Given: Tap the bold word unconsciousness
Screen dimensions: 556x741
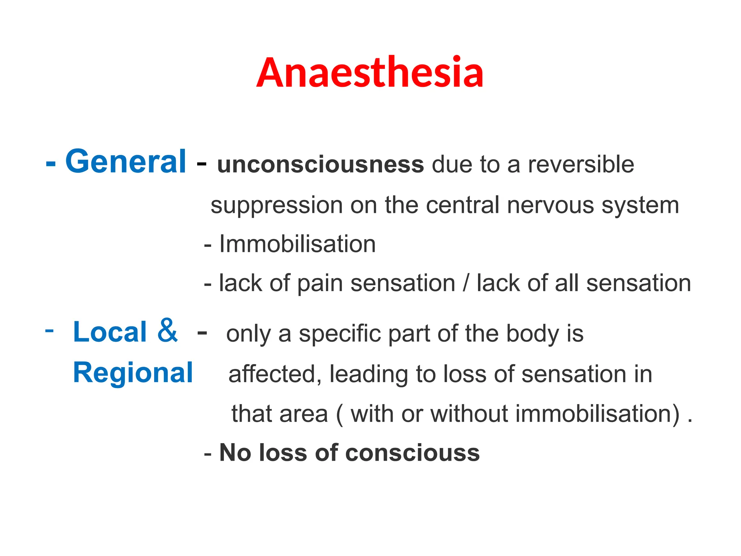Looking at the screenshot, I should (x=320, y=165).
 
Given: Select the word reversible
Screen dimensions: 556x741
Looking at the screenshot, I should (x=581, y=164).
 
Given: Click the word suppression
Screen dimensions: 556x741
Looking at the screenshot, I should (x=276, y=205).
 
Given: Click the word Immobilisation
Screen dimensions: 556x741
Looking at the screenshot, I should (x=297, y=244).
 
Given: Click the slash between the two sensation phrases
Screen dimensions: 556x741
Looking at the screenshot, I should (x=466, y=283).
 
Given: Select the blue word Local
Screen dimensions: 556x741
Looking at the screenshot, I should (x=110, y=332).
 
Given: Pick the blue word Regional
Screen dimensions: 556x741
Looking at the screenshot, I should (x=133, y=373).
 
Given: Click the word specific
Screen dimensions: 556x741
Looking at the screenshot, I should (x=339, y=334).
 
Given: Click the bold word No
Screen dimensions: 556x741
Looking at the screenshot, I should (x=235, y=453).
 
